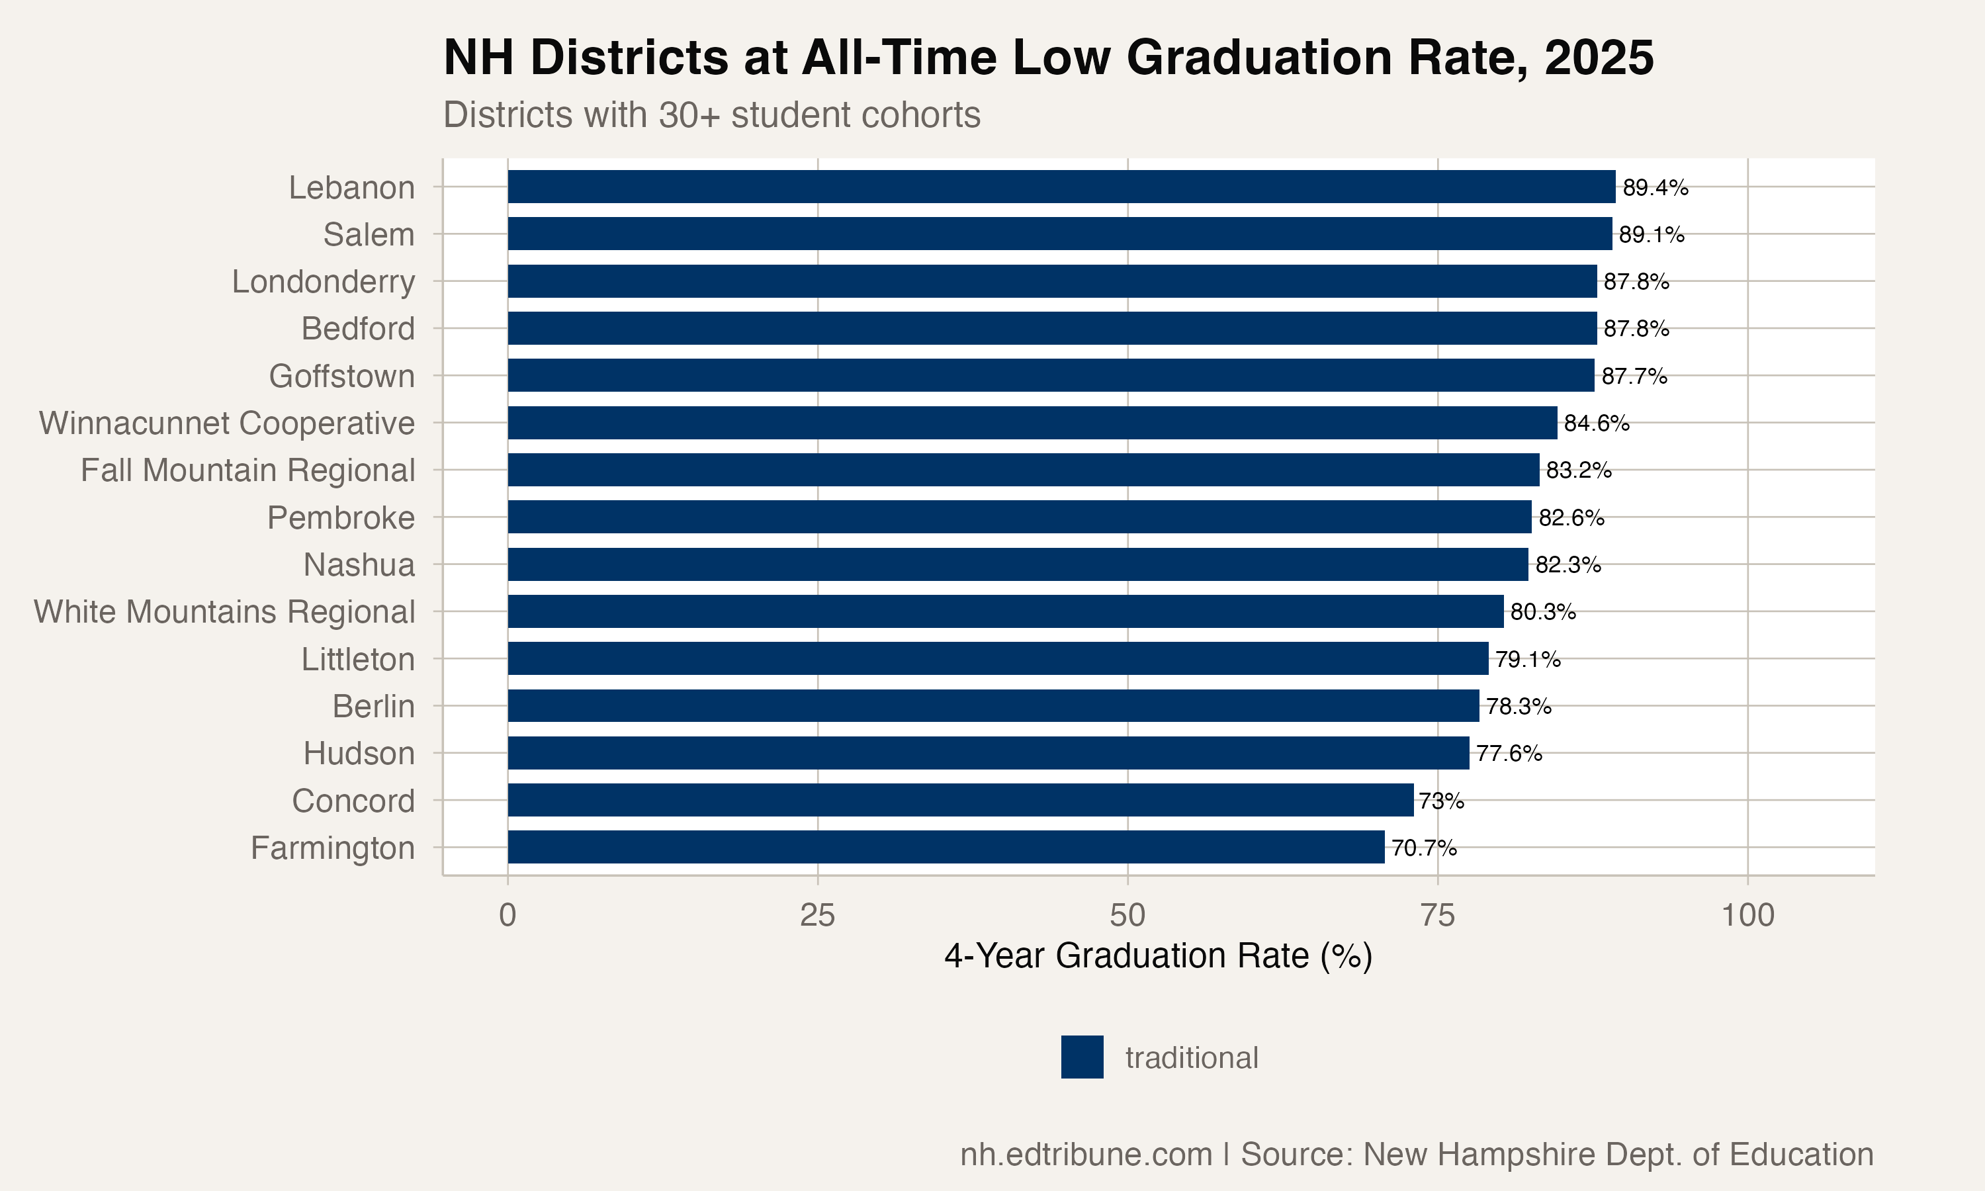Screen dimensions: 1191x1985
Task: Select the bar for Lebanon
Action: click(x=1061, y=187)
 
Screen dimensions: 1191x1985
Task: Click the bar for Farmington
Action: click(x=945, y=848)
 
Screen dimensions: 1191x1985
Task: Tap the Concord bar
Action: click(x=959, y=800)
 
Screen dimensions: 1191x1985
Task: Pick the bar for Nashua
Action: click(x=1018, y=564)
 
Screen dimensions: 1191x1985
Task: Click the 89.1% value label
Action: click(x=1652, y=234)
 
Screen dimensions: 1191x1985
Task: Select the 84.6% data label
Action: click(x=1596, y=423)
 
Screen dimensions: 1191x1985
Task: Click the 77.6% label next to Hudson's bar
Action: click(x=1509, y=754)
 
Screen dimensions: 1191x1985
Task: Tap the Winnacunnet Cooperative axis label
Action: click(x=227, y=423)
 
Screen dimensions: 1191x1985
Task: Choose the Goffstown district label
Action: click(x=342, y=376)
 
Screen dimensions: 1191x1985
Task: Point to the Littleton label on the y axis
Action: click(x=358, y=659)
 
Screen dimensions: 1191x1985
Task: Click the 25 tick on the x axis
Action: click(x=816, y=915)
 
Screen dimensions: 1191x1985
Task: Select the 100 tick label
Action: click(x=1747, y=915)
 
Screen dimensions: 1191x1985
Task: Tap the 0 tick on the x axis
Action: click(x=507, y=915)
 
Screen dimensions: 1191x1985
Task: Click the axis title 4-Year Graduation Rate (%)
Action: click(x=1158, y=956)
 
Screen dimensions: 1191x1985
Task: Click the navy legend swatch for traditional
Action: click(x=1082, y=1057)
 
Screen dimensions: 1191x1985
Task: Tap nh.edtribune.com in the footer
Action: click(x=1086, y=1154)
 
